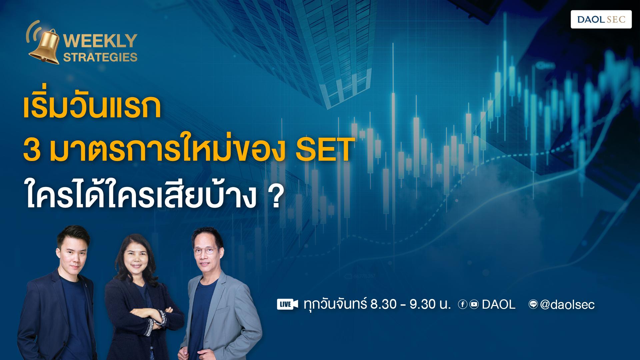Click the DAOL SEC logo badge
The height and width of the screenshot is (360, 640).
click(x=601, y=19)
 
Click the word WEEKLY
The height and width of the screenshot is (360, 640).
click(x=100, y=41)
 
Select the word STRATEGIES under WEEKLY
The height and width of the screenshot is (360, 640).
click(x=100, y=57)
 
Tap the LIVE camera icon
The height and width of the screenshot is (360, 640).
click(x=287, y=304)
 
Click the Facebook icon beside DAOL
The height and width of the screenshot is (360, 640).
click(x=462, y=304)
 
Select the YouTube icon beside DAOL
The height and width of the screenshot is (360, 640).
click(x=474, y=304)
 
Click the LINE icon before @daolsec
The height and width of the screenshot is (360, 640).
click(x=533, y=304)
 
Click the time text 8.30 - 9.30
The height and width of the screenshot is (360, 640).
click(x=410, y=304)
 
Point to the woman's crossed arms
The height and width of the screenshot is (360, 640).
click(x=147, y=315)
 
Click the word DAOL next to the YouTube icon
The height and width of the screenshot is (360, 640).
click(x=499, y=304)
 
